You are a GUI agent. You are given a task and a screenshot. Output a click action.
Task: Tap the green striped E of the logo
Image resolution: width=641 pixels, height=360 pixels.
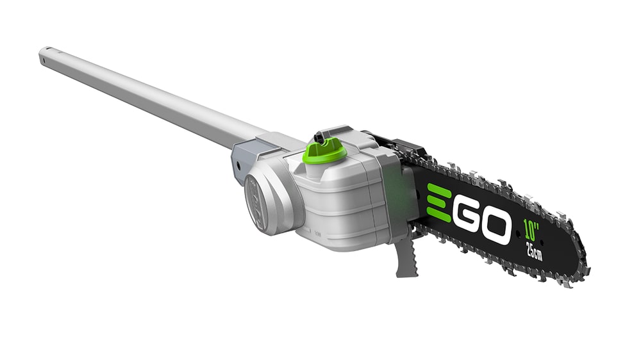pos(439,202)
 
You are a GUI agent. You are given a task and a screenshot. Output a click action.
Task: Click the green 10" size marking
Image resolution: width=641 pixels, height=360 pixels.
pos(531,231)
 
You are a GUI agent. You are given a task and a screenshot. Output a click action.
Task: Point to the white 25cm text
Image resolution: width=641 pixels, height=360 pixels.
pos(534,251)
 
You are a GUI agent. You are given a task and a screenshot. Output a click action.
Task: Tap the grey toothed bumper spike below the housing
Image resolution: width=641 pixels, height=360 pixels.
pos(406,258)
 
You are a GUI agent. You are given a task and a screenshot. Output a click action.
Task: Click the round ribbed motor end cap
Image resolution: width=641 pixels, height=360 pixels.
pos(257,204)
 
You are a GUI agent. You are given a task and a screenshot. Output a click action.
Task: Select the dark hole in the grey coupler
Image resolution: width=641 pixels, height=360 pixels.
pos(238,165)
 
